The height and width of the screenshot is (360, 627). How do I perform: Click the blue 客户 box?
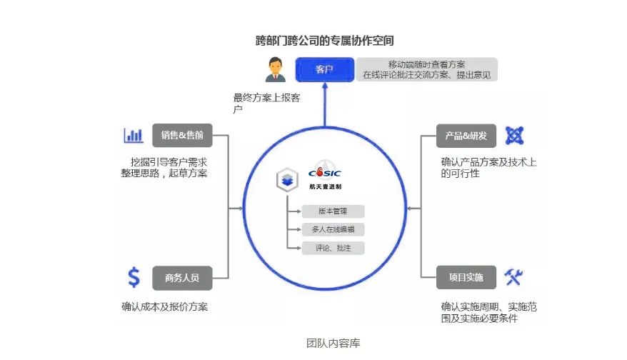click(325, 69)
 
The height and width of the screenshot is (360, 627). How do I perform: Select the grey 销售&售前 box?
click(182, 135)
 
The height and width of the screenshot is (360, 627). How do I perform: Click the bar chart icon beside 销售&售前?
click(133, 135)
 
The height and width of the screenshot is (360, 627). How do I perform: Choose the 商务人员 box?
click(182, 277)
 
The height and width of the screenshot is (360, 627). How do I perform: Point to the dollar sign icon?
click(133, 276)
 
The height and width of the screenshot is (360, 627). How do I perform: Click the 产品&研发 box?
click(466, 135)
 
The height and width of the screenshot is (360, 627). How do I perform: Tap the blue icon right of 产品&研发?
click(514, 135)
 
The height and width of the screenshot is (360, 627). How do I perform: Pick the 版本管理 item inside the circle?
click(333, 211)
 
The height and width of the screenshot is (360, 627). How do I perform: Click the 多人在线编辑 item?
click(333, 229)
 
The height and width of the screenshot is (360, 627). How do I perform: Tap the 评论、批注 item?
click(333, 248)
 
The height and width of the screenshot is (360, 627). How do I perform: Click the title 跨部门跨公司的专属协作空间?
click(325, 41)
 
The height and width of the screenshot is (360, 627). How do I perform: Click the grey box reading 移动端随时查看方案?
click(426, 69)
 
